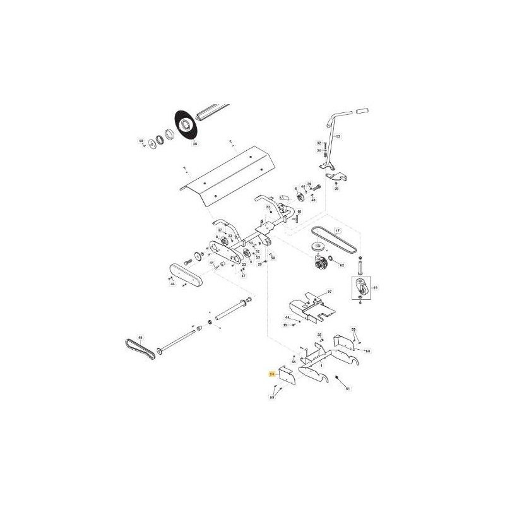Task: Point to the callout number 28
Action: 194,145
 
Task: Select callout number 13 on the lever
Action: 337,136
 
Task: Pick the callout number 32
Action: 319,143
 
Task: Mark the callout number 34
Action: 319,150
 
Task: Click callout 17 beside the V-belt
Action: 337,230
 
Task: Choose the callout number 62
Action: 342,266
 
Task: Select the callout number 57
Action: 329,293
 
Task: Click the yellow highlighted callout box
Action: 273,374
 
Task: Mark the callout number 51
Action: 347,389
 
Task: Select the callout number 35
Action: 319,335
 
